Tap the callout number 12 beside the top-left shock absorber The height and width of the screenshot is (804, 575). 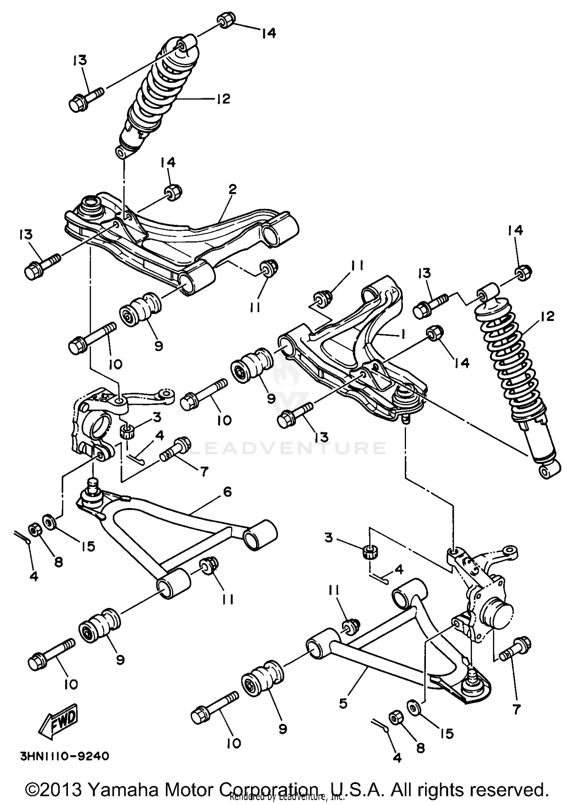(222, 99)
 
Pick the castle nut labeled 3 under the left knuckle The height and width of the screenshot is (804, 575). (127, 432)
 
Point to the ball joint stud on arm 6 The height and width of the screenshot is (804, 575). (92, 486)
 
